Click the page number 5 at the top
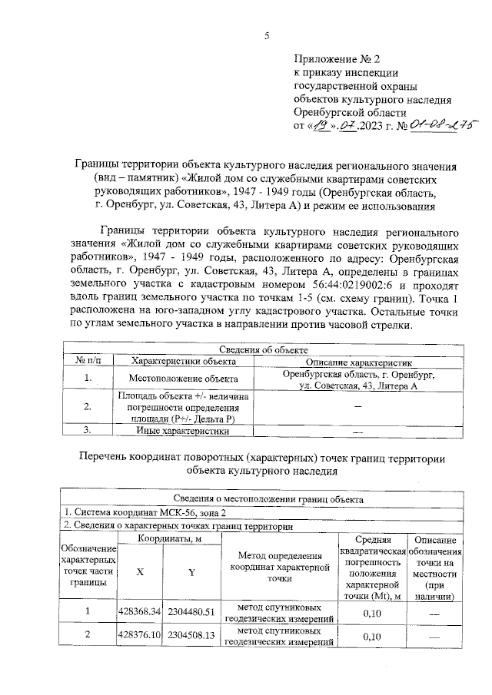click(267, 35)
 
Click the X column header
click(139, 572)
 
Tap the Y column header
click(192, 572)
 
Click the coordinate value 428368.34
click(139, 611)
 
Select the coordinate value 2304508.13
click(192, 636)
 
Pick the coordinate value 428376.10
click(139, 636)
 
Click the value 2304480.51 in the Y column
click(192, 611)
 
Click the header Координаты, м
click(166, 539)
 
